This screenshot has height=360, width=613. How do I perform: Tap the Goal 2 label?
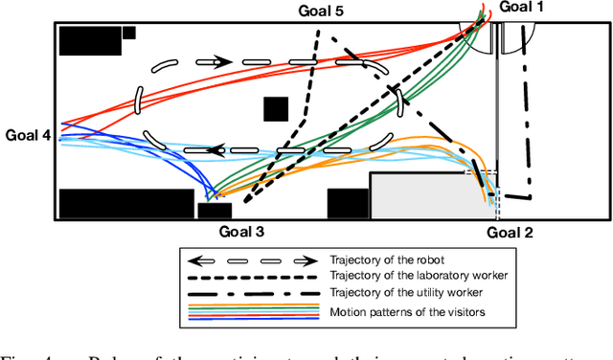coord(511,231)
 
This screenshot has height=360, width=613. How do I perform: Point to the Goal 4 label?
coord(28,135)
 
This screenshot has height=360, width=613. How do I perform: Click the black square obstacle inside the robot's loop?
coord(276,110)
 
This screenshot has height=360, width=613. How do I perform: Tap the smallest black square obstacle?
coord(129,33)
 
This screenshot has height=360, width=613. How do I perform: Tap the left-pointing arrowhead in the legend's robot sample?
coord(194,259)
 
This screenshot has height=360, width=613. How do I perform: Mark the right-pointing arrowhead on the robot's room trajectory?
coord(222,61)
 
